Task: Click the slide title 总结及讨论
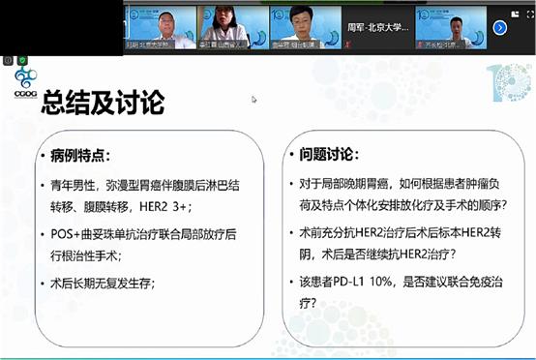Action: [x=102, y=103]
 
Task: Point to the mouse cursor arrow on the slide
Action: [x=253, y=99]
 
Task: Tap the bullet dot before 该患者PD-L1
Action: [x=292, y=281]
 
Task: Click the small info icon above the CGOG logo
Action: [x=9, y=60]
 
